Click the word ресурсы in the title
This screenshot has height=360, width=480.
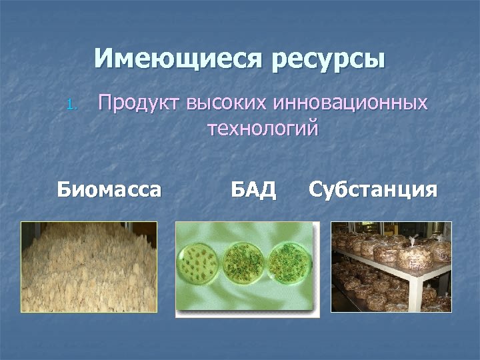[328, 59]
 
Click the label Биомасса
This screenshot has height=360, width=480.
[109, 190]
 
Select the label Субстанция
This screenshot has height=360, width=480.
[373, 190]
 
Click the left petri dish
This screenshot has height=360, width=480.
[197, 263]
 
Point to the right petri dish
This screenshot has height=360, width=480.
[288, 262]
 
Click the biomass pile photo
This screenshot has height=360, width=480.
[89, 267]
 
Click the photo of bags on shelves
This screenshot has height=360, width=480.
[391, 267]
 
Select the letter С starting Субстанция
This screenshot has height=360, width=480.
[316, 190]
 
